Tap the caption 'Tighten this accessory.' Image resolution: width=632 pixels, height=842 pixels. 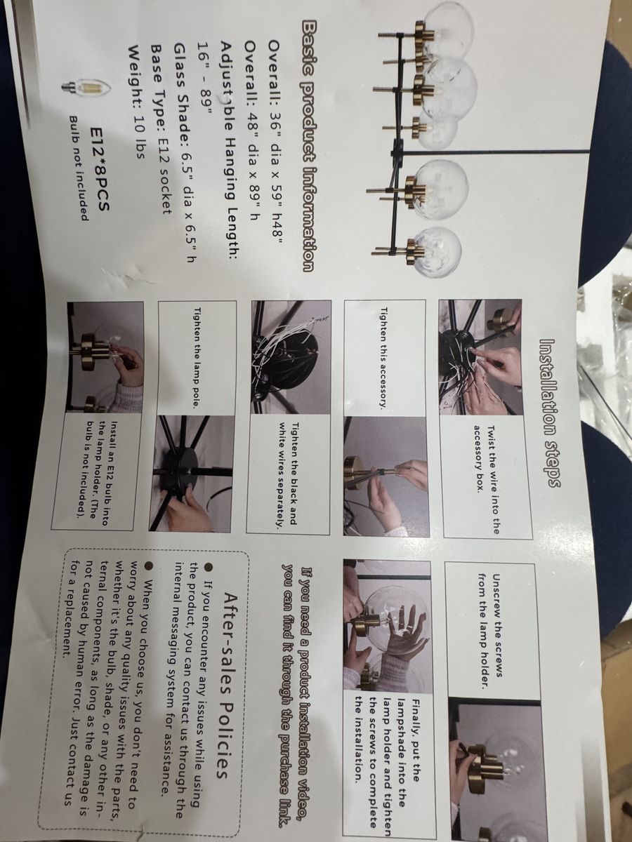(x=383, y=358)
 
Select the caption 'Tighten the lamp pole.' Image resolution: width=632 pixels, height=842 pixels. (x=197, y=358)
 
